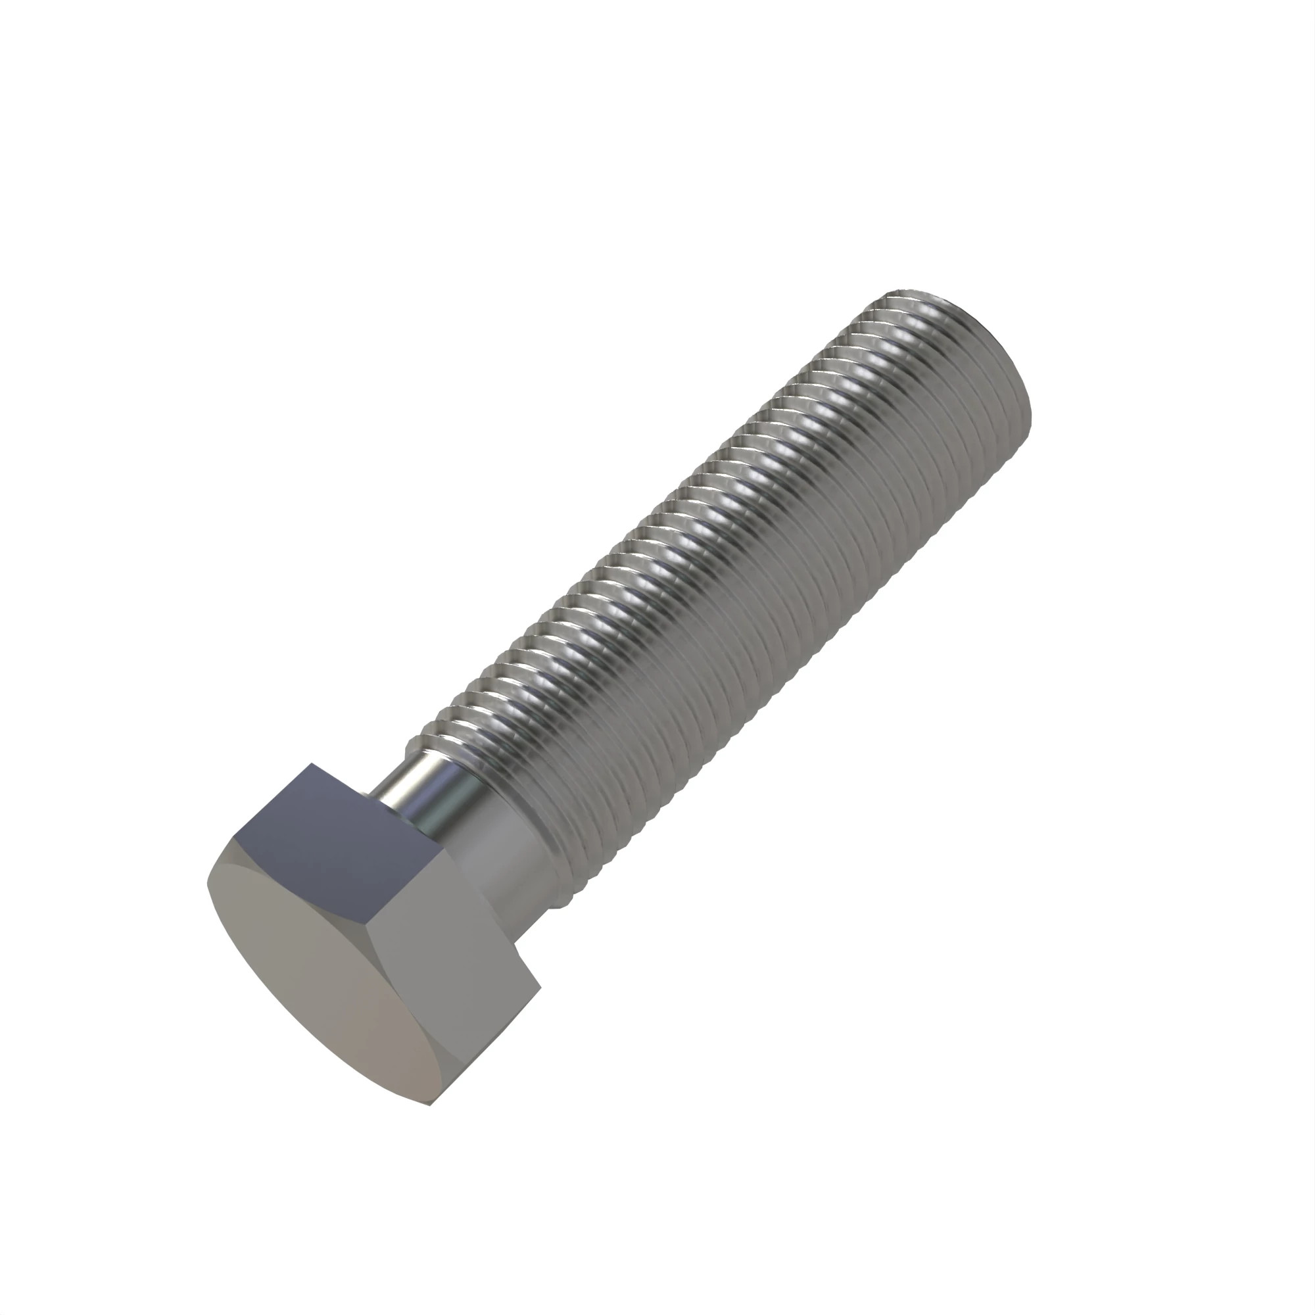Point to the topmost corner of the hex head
click(x=311, y=763)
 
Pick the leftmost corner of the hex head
click(x=208, y=885)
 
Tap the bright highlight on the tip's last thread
click(x=912, y=306)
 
